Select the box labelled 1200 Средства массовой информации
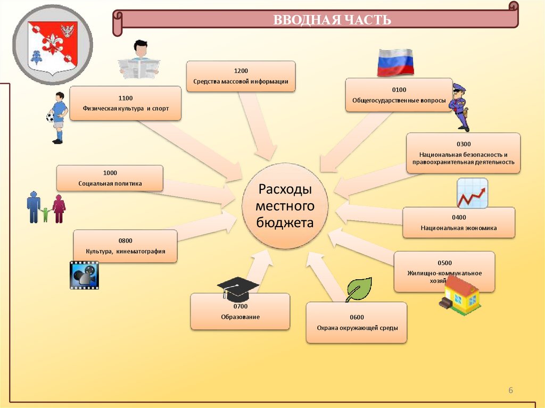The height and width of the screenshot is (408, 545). click(x=241, y=77)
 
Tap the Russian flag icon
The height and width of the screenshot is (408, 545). click(x=395, y=62)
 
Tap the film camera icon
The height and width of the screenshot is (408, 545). click(x=84, y=275)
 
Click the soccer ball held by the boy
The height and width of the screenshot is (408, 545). click(x=51, y=116)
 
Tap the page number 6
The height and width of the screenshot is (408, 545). click(x=510, y=391)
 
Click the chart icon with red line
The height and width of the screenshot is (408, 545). click(x=472, y=193)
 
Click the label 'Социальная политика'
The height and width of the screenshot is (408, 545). click(x=110, y=183)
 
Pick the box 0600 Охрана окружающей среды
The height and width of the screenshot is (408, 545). click(x=356, y=322)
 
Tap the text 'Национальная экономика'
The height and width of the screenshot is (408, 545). click(x=458, y=228)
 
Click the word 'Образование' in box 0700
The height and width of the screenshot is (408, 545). click(x=241, y=317)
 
